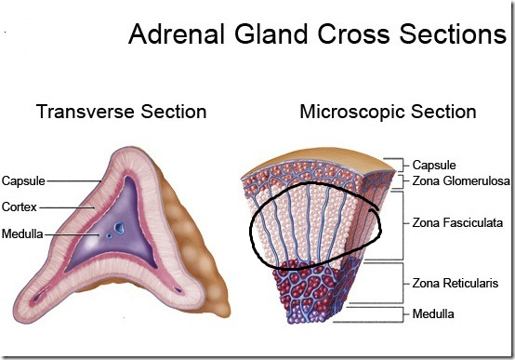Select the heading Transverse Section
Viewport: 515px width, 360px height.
(121, 113)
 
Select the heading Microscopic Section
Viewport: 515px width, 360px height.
(388, 113)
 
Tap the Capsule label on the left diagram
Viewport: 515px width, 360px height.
(23, 180)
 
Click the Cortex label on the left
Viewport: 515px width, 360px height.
(20, 207)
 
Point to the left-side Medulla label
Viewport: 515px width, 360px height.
(21, 233)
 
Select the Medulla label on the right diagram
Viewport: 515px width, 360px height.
(434, 313)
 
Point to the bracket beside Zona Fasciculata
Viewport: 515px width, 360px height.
(402, 224)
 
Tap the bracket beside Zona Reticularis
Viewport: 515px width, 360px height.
(402, 282)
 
